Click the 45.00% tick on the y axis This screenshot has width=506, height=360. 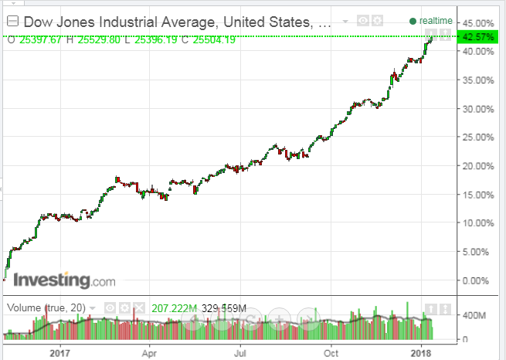[x=477, y=22]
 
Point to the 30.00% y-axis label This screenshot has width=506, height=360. [x=477, y=108]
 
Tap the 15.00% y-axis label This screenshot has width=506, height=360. [x=477, y=194]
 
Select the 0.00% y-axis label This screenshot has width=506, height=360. [x=479, y=280]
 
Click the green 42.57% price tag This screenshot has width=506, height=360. [x=477, y=36]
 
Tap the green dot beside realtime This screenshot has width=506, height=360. [x=413, y=21]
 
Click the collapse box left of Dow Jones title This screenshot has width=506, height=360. [x=12, y=22]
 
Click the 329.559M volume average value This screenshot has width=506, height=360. [x=224, y=308]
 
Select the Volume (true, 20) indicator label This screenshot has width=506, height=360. [x=46, y=308]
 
